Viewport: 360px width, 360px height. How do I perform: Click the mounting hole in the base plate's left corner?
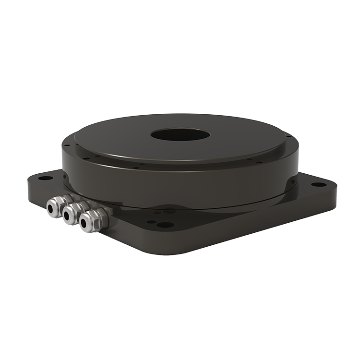(45, 178)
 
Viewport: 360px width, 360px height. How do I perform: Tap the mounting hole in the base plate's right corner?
(318, 184)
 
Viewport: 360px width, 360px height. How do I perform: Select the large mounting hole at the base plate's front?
(165, 225)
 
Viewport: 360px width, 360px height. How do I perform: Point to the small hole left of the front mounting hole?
(151, 222)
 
